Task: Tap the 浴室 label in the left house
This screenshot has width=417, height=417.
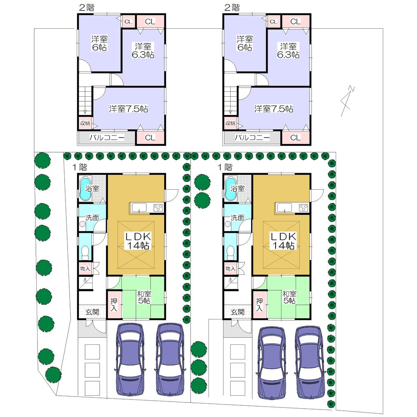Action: (92, 188)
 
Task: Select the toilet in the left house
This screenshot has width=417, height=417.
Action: (85, 252)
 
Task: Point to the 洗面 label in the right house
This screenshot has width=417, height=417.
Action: (237, 217)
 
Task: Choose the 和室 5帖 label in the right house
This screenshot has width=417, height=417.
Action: (289, 297)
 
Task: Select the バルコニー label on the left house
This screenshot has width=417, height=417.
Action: (106, 138)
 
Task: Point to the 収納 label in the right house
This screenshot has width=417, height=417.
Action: (230, 123)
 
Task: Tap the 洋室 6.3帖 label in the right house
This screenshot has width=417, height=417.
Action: (289, 50)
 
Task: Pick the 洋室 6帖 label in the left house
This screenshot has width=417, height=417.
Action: (99, 43)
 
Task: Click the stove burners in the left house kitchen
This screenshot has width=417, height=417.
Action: (158, 207)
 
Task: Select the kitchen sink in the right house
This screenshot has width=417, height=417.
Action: (284, 207)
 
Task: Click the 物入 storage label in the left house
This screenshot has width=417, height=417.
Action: (85, 269)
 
